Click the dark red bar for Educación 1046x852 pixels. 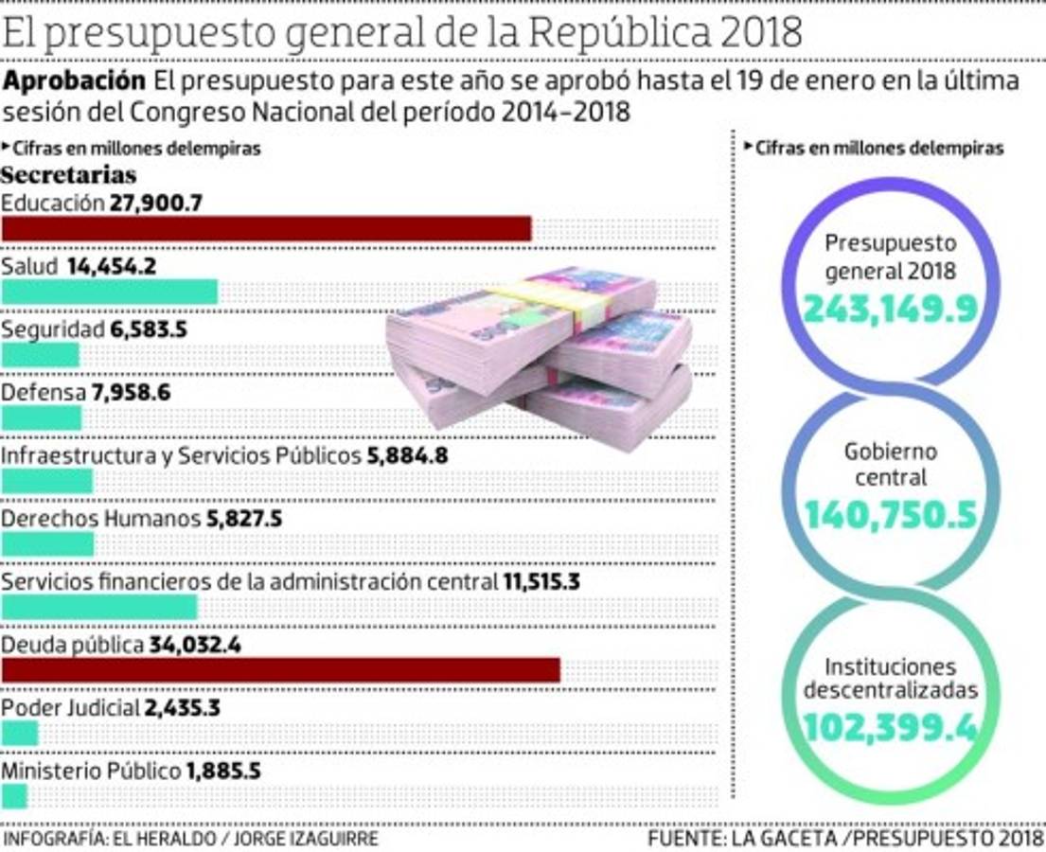click(x=266, y=229)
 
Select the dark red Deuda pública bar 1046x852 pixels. click(x=280, y=670)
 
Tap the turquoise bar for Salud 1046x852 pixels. click(x=109, y=292)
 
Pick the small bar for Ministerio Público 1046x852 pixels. click(x=15, y=796)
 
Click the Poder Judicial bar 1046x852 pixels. click(x=20, y=734)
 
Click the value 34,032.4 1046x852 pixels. click(x=196, y=646)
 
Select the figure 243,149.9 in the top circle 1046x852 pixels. click(x=889, y=308)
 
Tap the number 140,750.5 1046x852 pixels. click(x=890, y=515)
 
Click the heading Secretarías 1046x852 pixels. click(x=68, y=175)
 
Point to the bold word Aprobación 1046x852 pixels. click(x=75, y=81)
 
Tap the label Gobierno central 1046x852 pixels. click(x=890, y=464)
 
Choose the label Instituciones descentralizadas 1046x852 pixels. click(x=890, y=679)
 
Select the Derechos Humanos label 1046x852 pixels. click(x=100, y=519)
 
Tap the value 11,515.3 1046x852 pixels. click(x=541, y=581)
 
